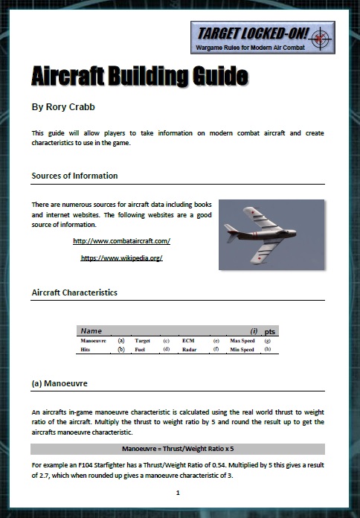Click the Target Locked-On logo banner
(262, 37)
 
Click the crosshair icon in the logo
(321, 36)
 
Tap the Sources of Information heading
(74, 176)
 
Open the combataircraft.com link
(122, 241)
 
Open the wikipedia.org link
(121, 258)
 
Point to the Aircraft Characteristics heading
(74, 292)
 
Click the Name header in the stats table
(91, 330)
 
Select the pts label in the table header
(271, 330)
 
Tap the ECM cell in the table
(188, 340)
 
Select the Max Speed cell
(242, 340)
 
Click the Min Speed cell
(242, 349)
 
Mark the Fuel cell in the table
(141, 349)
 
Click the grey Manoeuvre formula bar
(178, 449)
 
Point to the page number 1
(179, 493)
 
